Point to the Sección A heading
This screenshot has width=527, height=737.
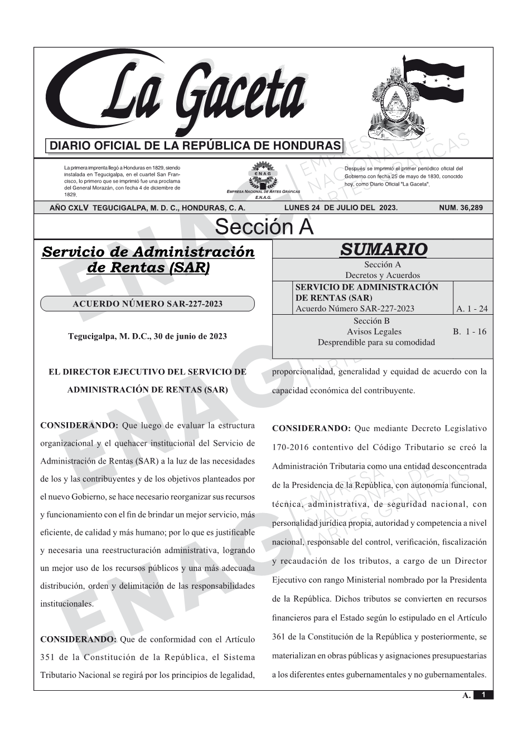264,227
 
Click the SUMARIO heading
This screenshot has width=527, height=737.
383,250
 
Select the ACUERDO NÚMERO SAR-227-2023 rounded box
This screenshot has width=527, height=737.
147,304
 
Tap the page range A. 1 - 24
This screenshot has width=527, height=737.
472,309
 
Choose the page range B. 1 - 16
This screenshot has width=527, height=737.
470,331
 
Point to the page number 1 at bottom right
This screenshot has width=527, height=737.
484,695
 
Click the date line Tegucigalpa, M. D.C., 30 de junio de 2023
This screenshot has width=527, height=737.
147,336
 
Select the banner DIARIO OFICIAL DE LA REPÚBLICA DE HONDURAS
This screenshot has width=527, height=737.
195,146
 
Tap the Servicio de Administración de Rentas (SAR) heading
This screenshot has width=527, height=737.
148,260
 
